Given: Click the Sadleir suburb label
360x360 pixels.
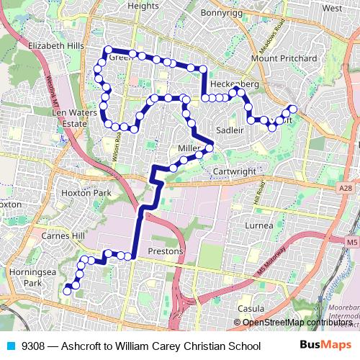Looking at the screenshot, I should coord(230,130).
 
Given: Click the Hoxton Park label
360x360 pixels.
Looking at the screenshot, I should coord(86,193).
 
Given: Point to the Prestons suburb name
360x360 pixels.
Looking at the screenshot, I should coord(165,251).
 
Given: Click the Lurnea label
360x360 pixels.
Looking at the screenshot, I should coord(259,225).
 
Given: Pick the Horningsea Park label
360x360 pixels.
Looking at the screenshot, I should coord(28,278).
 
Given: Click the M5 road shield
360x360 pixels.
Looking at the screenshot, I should coord(351,243).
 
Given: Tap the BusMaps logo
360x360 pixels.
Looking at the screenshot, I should coord(326,346).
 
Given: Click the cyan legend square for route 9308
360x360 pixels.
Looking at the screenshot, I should coord(10,346).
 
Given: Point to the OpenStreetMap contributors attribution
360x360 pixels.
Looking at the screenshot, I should coord(297,322).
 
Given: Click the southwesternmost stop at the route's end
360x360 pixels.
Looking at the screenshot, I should coord(67,291).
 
